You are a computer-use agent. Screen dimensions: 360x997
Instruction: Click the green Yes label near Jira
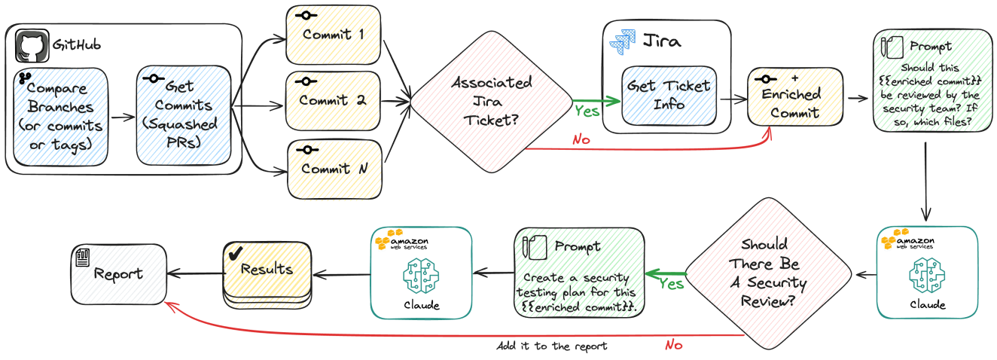pyautogui.click(x=587, y=111)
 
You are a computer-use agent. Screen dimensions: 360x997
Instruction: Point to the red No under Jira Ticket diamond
pyautogui.click(x=581, y=140)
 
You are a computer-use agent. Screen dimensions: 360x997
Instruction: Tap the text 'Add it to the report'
pyautogui.click(x=552, y=347)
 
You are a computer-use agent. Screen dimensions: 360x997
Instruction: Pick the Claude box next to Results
pyautogui.click(x=421, y=272)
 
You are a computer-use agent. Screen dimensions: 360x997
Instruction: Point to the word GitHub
pyautogui.click(x=76, y=45)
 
